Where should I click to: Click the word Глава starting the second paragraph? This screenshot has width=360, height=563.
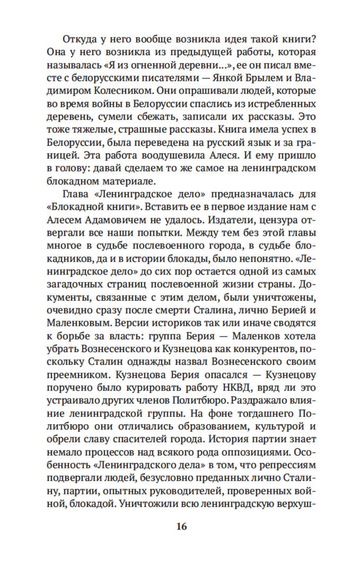click(x=75, y=194)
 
